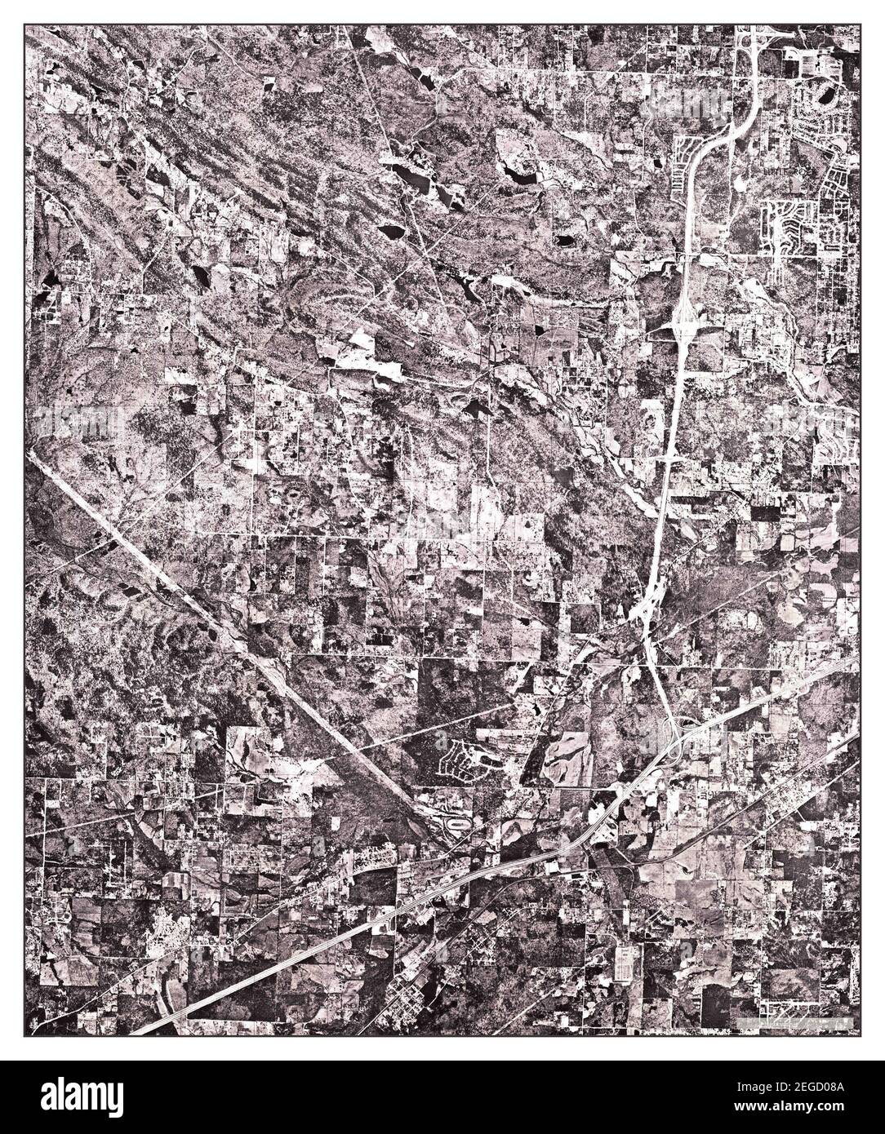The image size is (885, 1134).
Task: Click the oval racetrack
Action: tap(460, 826)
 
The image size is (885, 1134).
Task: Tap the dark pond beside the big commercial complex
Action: tap(826, 96)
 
